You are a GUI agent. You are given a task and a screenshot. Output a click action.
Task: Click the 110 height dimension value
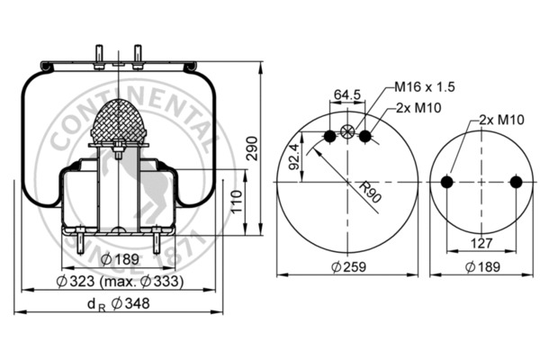point(236,204)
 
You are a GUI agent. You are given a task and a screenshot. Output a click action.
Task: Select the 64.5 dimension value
point(347,93)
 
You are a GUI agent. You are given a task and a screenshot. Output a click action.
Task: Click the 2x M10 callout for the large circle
point(418,108)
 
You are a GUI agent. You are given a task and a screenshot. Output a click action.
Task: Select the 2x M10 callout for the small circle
point(501,119)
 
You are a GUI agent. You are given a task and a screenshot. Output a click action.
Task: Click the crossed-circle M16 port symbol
point(348,135)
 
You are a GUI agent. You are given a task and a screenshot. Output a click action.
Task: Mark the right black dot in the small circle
point(516,182)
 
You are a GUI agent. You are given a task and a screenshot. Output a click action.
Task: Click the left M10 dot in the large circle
point(329,136)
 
